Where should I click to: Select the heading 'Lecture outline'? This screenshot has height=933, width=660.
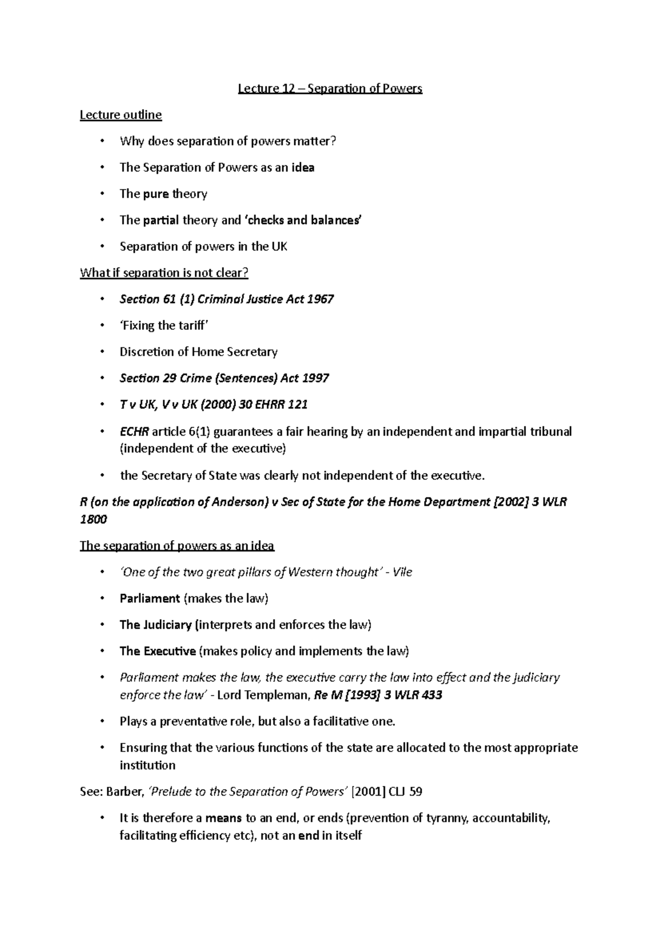pos(121,115)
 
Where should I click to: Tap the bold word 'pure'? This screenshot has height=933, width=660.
pos(156,194)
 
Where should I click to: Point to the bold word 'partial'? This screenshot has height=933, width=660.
pos(161,220)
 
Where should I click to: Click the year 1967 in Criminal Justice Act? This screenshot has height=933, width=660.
pos(320,299)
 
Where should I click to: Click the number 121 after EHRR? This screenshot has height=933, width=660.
pos(298,405)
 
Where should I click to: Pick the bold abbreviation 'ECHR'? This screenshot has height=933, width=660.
pos(134,432)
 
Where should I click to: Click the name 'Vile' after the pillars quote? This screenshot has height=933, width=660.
pos(403,573)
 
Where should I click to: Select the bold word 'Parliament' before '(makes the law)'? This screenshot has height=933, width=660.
pos(150,599)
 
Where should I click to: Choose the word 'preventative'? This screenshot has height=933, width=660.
pos(192,722)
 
